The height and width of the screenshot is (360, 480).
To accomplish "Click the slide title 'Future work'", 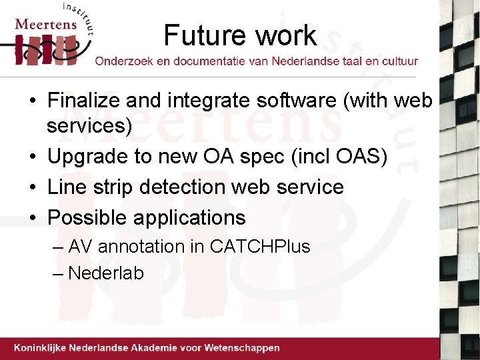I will (240, 35).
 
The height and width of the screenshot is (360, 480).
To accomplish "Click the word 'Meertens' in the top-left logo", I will (45, 25).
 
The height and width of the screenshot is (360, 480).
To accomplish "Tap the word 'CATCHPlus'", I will (260, 247).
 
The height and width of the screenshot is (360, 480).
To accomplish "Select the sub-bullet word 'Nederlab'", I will (106, 273).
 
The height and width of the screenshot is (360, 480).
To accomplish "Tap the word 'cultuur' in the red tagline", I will (399, 61).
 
